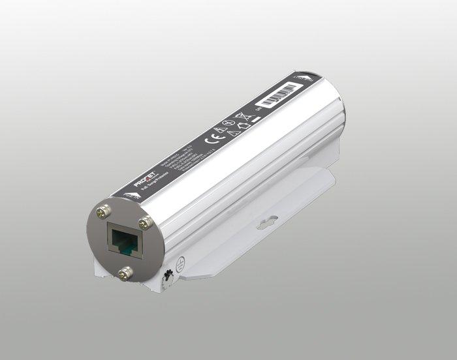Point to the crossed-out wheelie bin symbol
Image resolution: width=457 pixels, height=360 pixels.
239,116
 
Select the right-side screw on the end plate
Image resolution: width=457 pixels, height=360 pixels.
146,222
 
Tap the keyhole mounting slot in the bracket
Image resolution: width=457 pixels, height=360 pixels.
268,224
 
